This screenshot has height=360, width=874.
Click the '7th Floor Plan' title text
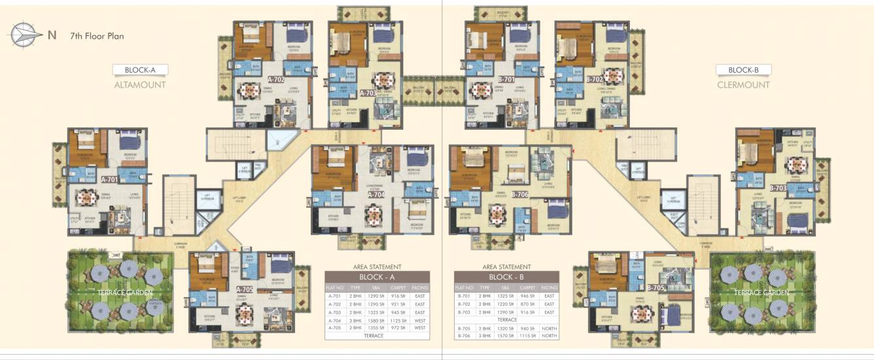coord(96,36)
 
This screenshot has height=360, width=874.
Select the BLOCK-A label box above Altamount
coord(140,69)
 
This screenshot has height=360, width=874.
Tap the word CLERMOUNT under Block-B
coord(743,85)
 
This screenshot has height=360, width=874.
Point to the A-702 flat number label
coord(276,79)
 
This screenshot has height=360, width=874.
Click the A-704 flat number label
coord(376,194)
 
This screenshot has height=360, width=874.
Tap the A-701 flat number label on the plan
coord(110,179)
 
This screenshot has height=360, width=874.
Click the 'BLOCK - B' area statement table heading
coord(506,276)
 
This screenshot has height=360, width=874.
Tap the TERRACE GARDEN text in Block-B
coord(761,292)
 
